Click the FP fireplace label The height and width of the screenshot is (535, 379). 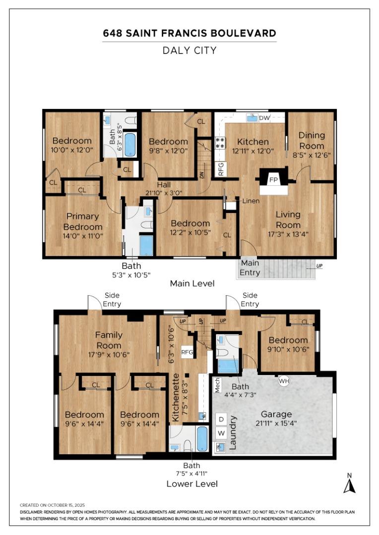click(x=273, y=180)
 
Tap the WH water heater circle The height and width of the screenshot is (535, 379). click(x=284, y=380)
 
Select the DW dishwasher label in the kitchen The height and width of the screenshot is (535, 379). click(x=264, y=118)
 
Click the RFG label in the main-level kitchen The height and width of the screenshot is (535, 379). click(x=220, y=169)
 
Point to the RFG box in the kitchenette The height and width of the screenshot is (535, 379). click(x=187, y=352)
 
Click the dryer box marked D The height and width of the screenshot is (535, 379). click(x=221, y=419)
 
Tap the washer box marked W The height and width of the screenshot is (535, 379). click(x=221, y=433)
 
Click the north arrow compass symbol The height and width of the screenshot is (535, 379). click(x=349, y=484)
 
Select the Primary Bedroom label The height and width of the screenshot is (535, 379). click(x=83, y=221)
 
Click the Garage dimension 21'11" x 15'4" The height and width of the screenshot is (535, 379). click(x=276, y=424)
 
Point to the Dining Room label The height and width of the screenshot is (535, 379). click(x=312, y=141)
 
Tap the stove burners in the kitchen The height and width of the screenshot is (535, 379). click(x=220, y=142)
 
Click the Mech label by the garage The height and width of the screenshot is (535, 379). click(x=217, y=385)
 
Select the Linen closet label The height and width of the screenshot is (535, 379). click(x=251, y=201)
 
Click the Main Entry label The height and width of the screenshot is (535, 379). click(x=250, y=267)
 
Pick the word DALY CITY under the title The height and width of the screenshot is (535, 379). click(x=189, y=51)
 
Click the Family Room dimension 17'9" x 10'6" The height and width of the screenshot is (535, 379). click(x=109, y=355)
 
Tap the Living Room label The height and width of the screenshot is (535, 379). click(x=288, y=220)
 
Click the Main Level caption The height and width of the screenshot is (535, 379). click(x=192, y=283)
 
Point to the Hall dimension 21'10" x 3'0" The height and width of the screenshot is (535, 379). click(x=164, y=193)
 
